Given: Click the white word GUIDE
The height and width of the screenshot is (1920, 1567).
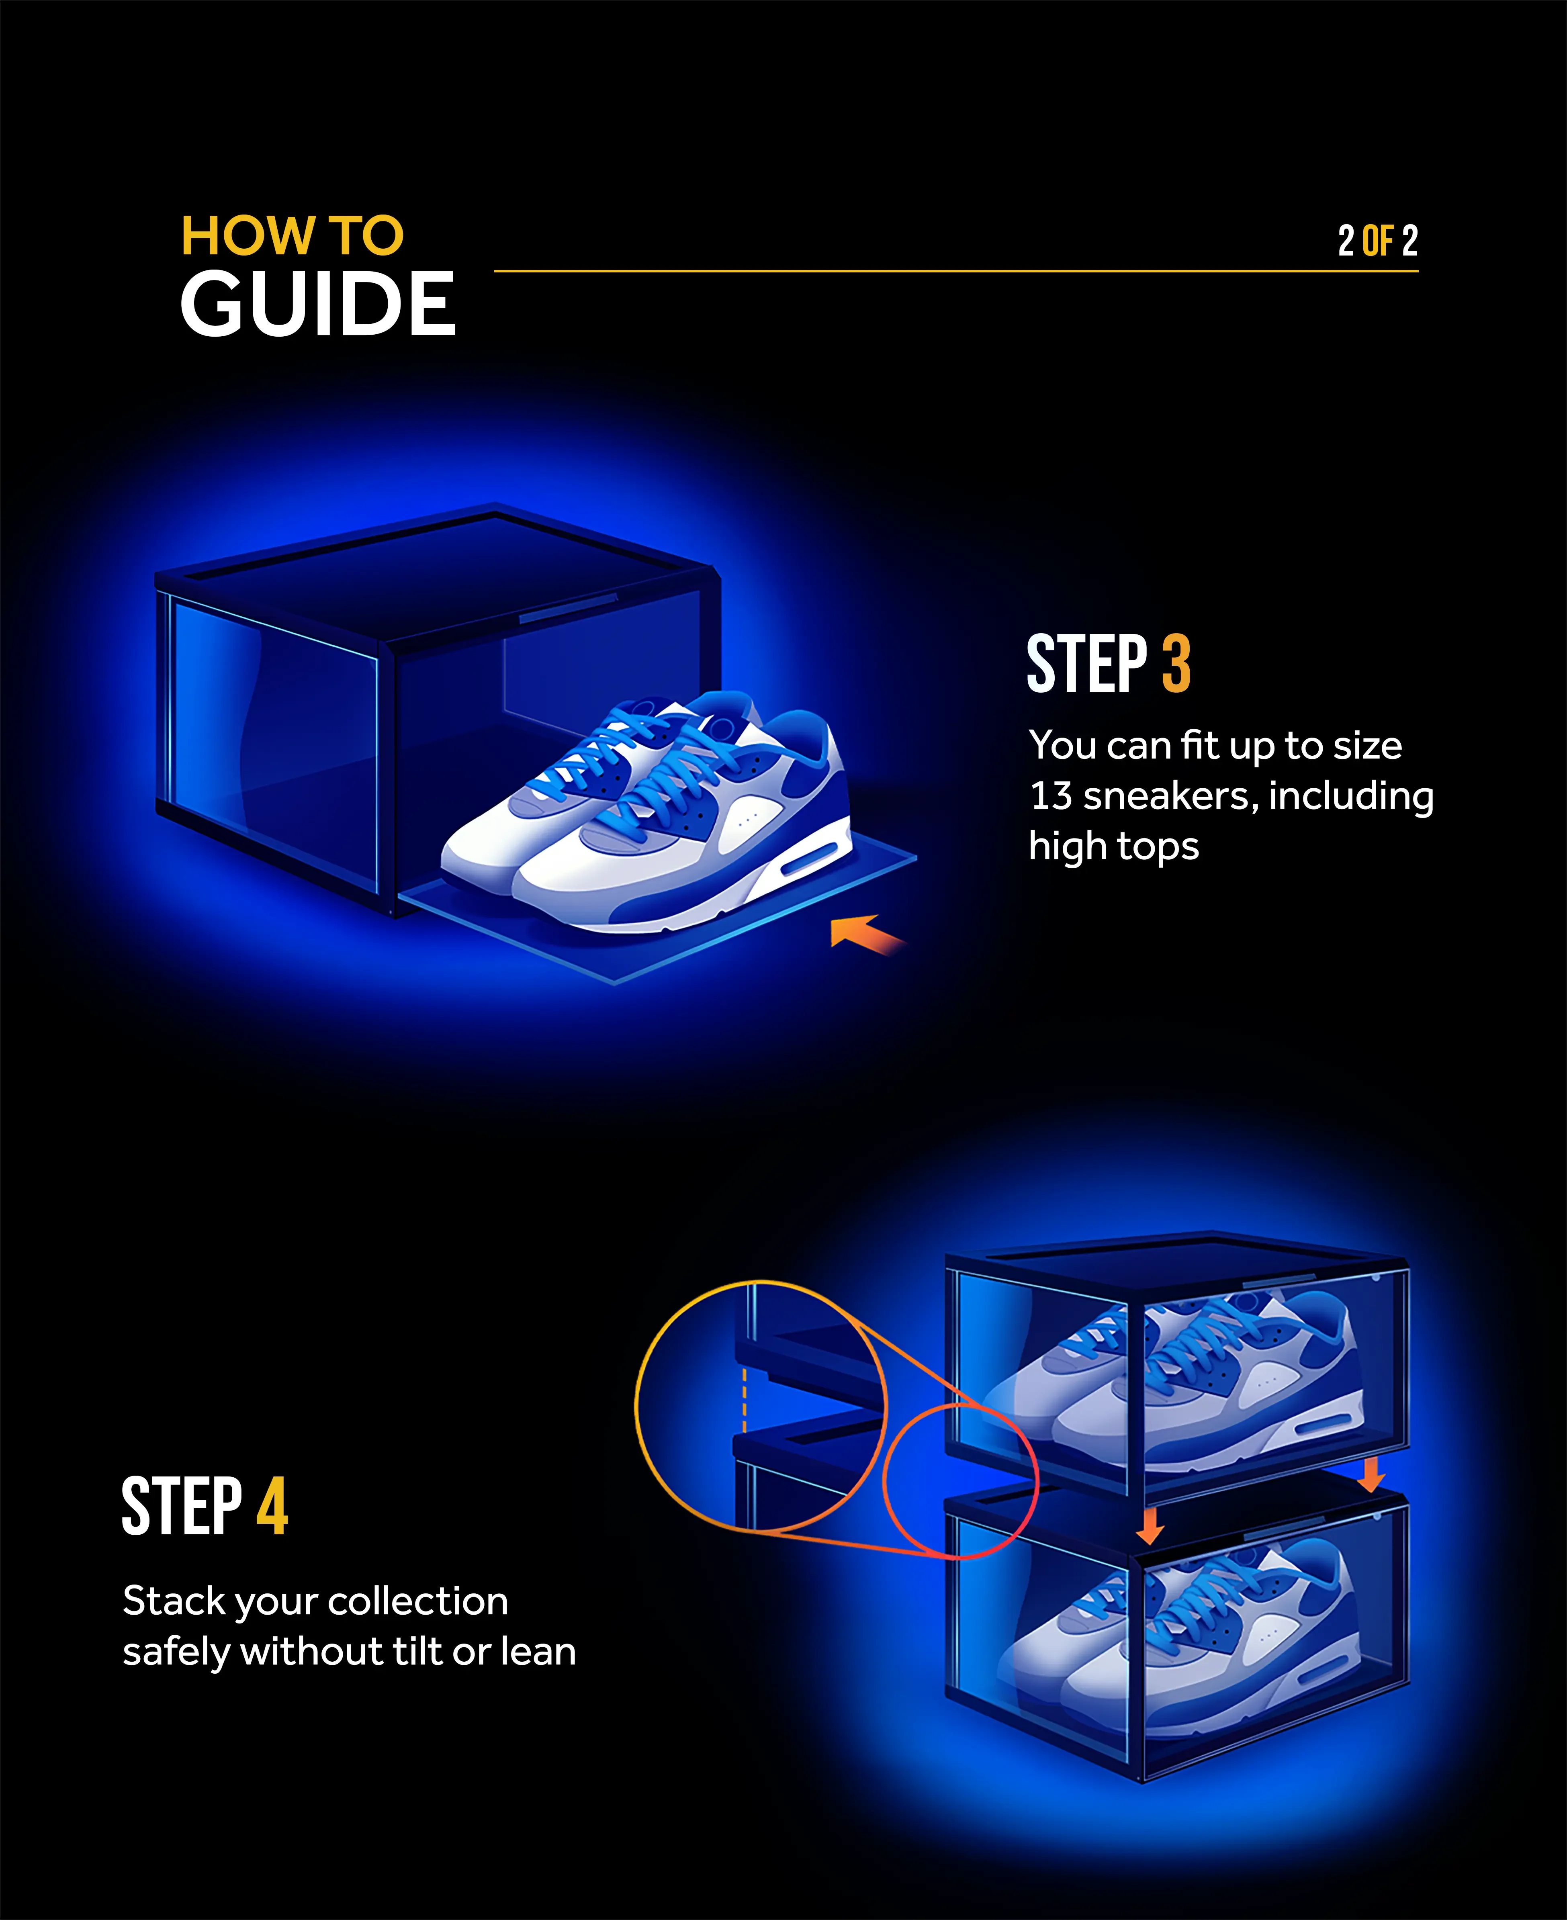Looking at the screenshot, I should click(318, 305).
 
